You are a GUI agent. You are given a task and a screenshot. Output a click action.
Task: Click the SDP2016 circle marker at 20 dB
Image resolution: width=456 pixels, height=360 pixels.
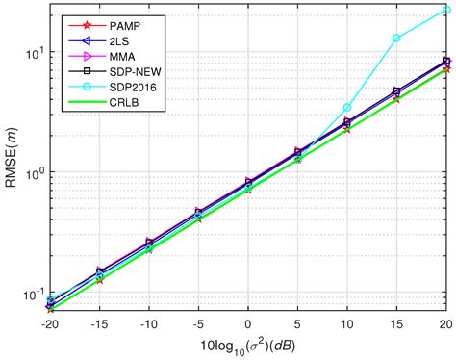445,11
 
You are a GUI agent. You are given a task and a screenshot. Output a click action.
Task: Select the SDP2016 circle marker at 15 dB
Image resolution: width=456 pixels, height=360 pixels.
396,39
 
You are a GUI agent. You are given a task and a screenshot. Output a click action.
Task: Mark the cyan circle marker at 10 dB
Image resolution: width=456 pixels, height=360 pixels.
347,107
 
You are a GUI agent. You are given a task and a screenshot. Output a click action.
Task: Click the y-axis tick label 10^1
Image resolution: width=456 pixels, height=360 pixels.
33,52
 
